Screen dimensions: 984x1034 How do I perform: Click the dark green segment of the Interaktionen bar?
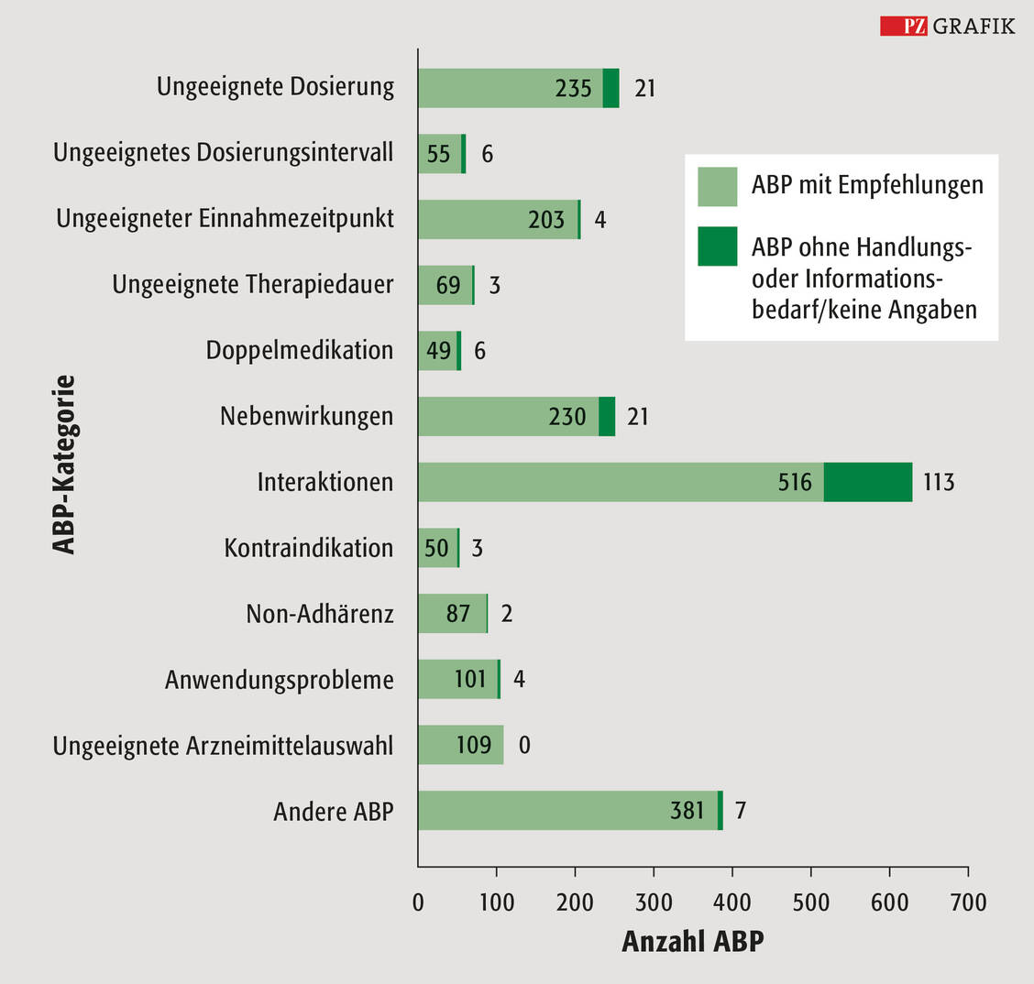[x=867, y=482]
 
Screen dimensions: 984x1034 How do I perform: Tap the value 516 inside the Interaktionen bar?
[x=795, y=482]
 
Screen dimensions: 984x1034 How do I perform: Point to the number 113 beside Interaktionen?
[x=939, y=482]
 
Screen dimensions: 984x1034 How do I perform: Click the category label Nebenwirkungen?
[x=306, y=416]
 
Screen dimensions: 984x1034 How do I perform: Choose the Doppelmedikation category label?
[x=299, y=350]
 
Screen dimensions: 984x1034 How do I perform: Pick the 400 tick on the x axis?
[x=732, y=902]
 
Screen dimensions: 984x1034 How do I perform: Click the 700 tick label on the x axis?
[x=968, y=902]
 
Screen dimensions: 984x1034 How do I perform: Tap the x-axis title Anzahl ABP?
[x=692, y=942]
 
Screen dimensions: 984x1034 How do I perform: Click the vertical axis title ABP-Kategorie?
[x=63, y=465]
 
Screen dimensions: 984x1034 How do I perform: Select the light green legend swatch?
[x=717, y=186]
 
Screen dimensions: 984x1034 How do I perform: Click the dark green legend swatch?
[x=717, y=247]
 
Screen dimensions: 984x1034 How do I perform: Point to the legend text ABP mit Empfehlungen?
[x=867, y=185]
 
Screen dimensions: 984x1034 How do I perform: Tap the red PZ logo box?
[x=904, y=26]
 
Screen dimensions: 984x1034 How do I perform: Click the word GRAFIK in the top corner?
[x=973, y=26]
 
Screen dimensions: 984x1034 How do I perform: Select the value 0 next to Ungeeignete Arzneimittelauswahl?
[x=524, y=745]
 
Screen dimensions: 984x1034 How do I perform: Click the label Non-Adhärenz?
[x=319, y=613]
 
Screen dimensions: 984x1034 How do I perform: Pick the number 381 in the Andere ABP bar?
[x=687, y=811]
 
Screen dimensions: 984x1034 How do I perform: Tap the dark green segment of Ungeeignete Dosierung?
[x=610, y=88]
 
